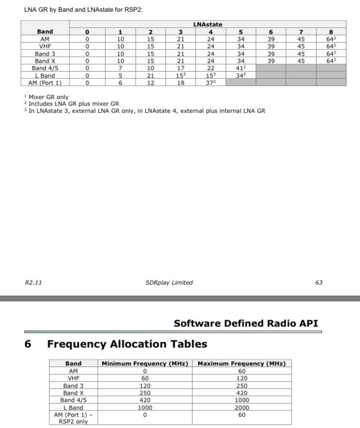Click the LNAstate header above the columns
[208, 24]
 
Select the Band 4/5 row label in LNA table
[45, 68]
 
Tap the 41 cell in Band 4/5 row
[241, 68]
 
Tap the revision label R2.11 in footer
[33, 282]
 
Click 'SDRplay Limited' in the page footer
[169, 282]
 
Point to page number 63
[319, 282]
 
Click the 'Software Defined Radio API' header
[246, 324]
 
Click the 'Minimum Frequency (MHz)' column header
[145, 364]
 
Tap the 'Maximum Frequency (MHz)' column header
[241, 364]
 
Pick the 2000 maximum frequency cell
[241, 408]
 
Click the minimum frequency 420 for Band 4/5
[145, 400]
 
